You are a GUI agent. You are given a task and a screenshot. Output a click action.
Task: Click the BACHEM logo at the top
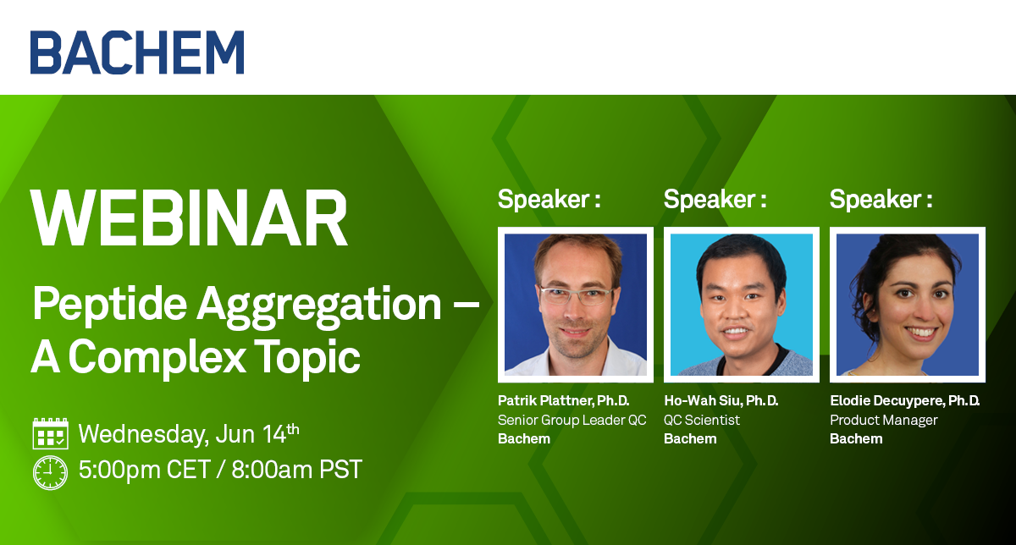click(x=137, y=52)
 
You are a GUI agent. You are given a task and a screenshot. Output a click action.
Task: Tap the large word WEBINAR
click(x=189, y=218)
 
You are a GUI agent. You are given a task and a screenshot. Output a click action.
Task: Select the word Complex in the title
click(x=157, y=358)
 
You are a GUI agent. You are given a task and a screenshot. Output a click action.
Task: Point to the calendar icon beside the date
click(x=50, y=433)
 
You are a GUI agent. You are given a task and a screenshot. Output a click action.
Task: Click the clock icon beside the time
click(x=50, y=472)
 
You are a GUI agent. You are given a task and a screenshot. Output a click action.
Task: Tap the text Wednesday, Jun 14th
click(x=189, y=434)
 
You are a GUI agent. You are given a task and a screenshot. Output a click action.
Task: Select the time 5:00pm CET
click(x=145, y=470)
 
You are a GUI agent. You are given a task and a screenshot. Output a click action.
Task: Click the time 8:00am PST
click(x=297, y=470)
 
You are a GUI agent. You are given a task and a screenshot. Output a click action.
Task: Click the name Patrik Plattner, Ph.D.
click(x=563, y=401)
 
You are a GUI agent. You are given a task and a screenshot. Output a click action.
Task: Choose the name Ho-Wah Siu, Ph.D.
click(x=721, y=401)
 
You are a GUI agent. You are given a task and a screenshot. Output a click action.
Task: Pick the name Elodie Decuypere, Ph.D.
click(x=905, y=401)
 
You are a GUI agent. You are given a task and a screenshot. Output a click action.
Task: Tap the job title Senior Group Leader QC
click(x=572, y=421)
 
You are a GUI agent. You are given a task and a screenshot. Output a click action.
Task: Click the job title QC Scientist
click(x=702, y=421)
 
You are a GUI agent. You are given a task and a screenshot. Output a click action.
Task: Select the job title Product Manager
click(x=884, y=421)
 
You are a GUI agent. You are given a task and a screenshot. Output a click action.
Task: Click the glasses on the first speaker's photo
click(x=576, y=295)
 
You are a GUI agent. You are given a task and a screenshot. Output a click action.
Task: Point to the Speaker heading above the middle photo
click(x=715, y=200)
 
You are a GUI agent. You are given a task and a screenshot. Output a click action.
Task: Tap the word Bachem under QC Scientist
click(x=690, y=439)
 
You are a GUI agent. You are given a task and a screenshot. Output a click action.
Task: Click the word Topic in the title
click(x=307, y=358)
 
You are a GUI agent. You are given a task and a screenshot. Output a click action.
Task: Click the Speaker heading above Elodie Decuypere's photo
click(x=881, y=200)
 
